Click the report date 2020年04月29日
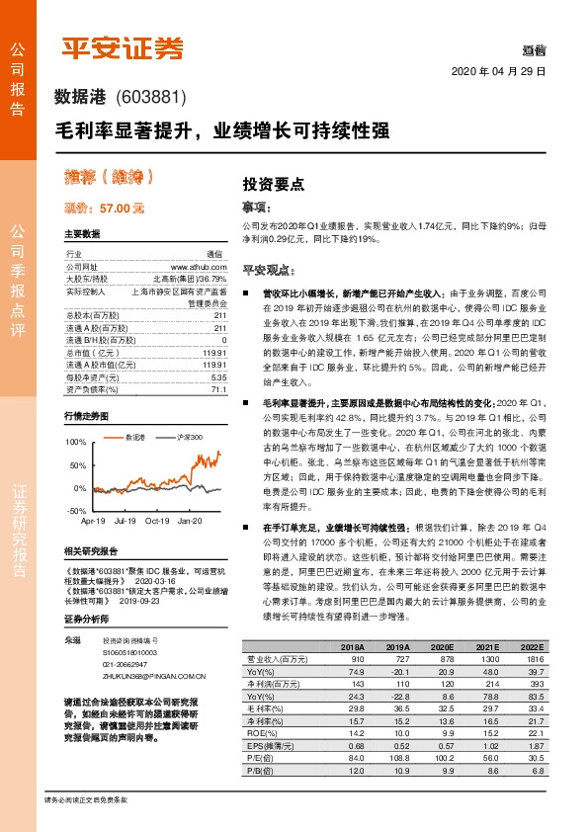pyautogui.click(x=500, y=72)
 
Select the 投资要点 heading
pyautogui.click(x=273, y=184)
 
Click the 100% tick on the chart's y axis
pyautogui.click(x=73, y=442)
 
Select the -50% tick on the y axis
pyautogui.click(x=73, y=511)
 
